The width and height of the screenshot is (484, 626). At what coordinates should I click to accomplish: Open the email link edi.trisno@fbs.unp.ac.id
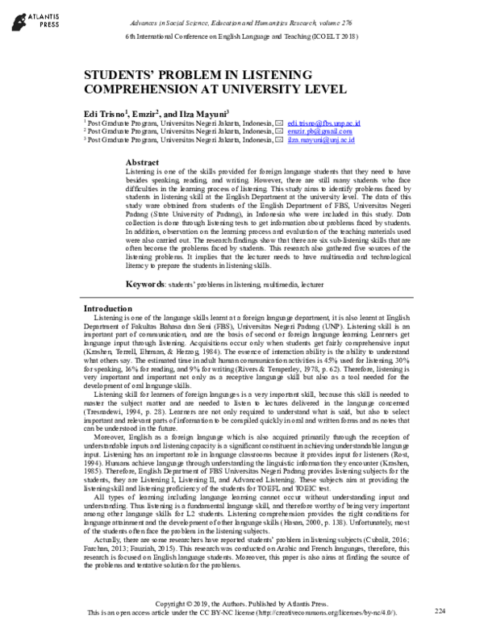pos(323,123)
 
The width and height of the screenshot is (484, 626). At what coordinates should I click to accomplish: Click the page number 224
pos(439,611)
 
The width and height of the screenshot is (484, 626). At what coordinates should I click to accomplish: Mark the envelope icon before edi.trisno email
pos(279,123)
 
